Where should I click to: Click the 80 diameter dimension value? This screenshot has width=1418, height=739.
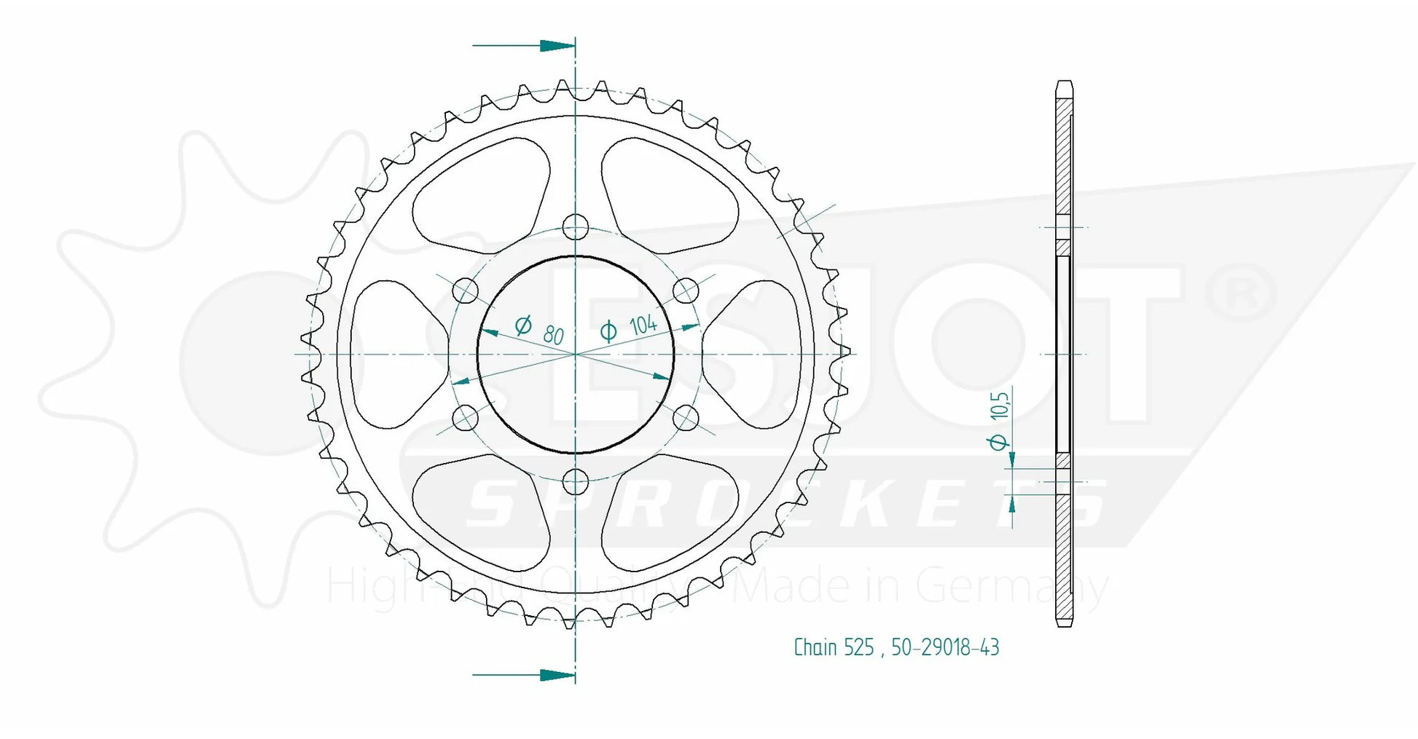tap(553, 334)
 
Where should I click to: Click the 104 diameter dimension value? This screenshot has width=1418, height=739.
tap(643, 324)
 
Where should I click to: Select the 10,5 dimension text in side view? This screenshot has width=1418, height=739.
tap(999, 405)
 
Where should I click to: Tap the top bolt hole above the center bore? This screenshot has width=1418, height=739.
tap(576, 227)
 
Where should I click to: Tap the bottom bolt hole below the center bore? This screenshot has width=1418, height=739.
tap(576, 481)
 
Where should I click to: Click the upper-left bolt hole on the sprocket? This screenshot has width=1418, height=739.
tap(466, 291)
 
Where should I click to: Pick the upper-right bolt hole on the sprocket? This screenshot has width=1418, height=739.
tap(686, 291)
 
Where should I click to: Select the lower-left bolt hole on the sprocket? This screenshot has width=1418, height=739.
tap(466, 418)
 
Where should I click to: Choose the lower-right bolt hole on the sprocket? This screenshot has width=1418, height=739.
tap(686, 418)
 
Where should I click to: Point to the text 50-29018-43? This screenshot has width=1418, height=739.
tap(945, 647)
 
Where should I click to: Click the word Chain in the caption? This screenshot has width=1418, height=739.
tap(815, 647)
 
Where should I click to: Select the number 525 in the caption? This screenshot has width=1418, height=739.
tap(859, 647)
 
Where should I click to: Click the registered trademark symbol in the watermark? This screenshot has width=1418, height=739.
tap(1240, 291)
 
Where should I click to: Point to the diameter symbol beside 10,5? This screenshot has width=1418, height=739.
tap(998, 442)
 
